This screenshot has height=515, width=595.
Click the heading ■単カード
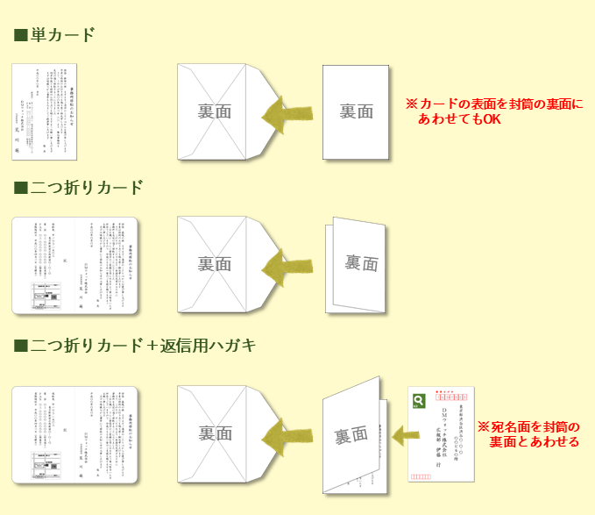point(54,35)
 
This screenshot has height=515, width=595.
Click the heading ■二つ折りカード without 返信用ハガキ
point(78,188)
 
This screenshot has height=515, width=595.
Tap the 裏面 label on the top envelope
point(215,111)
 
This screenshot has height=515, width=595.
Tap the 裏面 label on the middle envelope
point(215,264)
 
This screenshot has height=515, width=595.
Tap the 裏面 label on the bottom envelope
point(215,433)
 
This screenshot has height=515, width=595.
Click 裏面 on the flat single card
point(357,111)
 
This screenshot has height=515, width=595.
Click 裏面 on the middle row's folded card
point(361,262)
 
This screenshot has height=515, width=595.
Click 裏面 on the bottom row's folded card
point(350,437)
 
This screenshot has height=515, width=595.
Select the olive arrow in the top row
point(286,114)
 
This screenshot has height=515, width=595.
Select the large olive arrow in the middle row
point(286,266)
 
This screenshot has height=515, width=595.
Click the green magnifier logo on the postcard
point(419,401)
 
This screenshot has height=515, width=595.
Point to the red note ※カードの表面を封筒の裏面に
point(493,104)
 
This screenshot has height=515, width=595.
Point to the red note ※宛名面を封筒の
point(528,427)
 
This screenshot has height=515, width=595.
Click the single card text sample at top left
point(46,111)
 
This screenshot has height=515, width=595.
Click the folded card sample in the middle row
point(76,265)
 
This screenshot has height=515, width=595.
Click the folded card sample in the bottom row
point(76,433)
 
